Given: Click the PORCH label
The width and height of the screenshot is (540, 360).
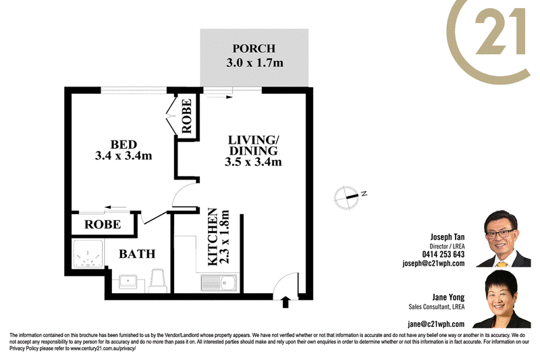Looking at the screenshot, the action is click(254, 49).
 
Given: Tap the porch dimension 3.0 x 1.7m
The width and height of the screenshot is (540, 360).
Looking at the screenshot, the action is click(255, 63).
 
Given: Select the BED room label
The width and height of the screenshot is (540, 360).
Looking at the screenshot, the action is click(124, 145).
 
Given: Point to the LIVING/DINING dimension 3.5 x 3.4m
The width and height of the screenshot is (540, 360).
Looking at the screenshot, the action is click(253, 161).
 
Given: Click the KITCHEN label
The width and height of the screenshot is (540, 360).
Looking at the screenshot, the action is click(213, 236).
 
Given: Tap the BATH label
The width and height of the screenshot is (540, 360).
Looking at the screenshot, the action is click(137, 254).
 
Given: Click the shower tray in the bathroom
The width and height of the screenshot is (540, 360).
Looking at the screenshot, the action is click(88, 253).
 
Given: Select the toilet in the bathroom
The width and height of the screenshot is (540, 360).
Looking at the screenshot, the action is click(158, 280).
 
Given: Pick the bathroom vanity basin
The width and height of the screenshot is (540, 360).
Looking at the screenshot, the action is click(128, 282).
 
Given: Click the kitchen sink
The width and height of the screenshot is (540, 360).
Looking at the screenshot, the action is click(219, 282).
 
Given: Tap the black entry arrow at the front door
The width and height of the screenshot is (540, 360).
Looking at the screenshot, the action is click(286, 302).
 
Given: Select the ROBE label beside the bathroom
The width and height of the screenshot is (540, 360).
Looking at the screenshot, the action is click(103, 225).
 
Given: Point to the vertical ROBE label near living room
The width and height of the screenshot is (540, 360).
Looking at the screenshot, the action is click(187, 115).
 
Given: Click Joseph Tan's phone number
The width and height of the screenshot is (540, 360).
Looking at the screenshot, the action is click(443, 254).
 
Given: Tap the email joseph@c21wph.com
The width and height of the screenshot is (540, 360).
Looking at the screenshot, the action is click(433, 263).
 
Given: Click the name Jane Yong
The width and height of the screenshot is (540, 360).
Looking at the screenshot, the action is click(448, 297).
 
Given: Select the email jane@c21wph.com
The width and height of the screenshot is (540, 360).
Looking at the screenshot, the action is click(436, 324).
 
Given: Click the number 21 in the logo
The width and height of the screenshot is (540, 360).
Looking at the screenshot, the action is click(500, 32).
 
